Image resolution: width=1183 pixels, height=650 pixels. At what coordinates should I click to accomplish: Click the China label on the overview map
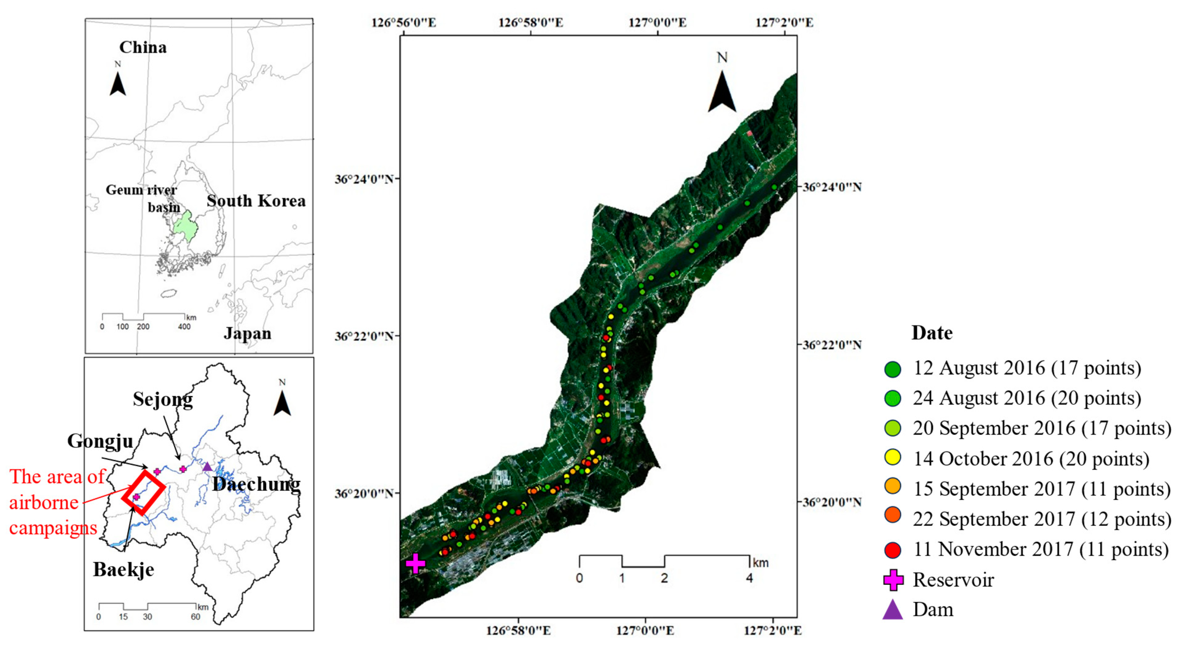(143, 47)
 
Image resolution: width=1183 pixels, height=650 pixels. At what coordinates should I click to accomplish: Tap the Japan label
(248, 333)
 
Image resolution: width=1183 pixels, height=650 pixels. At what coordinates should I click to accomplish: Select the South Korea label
(256, 201)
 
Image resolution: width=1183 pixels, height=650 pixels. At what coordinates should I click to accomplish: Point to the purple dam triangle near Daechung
(207, 467)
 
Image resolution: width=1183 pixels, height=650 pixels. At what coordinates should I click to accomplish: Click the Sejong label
(163, 399)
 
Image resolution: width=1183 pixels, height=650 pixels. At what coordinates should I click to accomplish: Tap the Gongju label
(100, 441)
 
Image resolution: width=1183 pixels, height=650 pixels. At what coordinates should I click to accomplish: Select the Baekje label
(124, 569)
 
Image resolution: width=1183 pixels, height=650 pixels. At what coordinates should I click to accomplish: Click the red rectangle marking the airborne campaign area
(143, 492)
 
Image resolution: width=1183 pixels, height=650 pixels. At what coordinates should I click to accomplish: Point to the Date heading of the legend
(932, 333)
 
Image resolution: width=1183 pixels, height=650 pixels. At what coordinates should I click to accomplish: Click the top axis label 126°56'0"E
(404, 22)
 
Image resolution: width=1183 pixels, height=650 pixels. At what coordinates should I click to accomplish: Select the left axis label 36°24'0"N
(364, 179)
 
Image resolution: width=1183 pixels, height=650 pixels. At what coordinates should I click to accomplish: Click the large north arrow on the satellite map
(722, 92)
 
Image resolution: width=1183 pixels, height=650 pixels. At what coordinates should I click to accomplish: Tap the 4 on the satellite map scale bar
(749, 578)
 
